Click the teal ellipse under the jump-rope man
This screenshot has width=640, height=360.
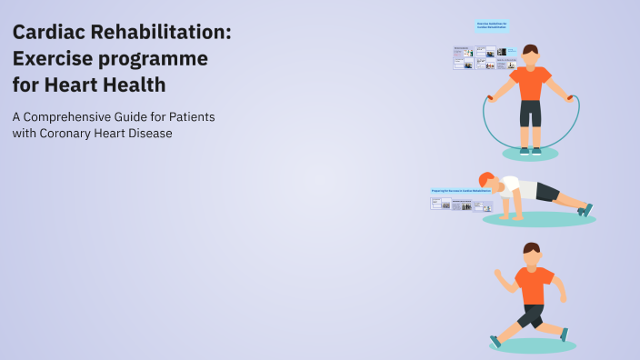tap(530, 154)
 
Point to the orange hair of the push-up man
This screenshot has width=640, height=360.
tap(485, 178)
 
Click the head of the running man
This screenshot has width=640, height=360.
tap(531, 253)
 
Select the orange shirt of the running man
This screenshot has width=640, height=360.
tap(533, 284)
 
